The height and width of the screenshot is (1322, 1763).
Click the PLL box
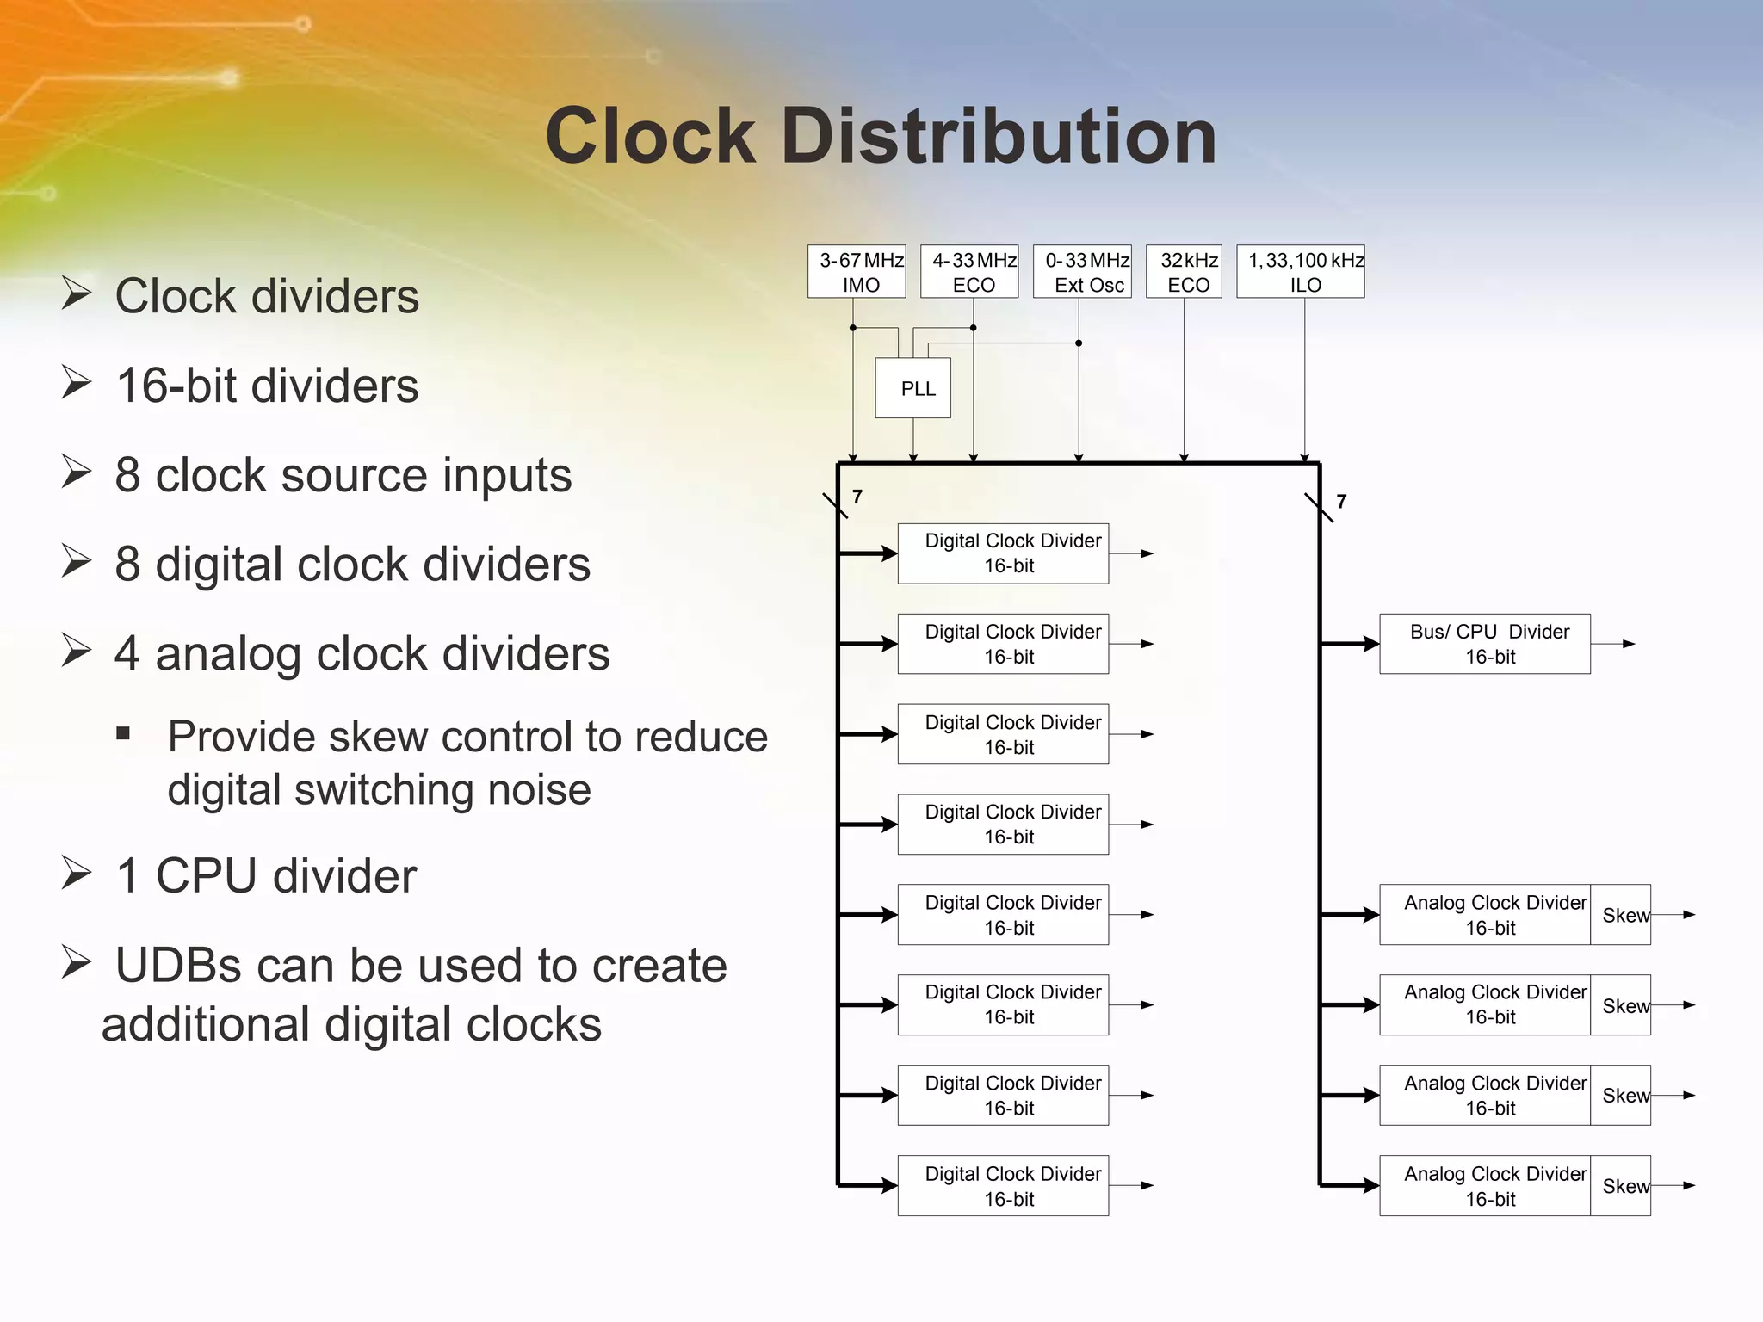point(912,388)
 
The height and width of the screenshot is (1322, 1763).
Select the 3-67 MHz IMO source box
point(857,272)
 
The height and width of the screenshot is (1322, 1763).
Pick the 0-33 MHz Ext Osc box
point(1082,272)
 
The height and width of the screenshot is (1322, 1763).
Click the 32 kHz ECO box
point(1184,272)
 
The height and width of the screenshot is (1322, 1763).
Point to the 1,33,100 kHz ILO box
point(1300,272)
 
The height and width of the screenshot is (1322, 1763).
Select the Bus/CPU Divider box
point(1484,644)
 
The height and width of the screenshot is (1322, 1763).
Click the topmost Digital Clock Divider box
point(1003,553)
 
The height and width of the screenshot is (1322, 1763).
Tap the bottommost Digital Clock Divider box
point(1003,1185)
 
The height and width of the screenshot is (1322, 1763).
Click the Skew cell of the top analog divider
point(1620,915)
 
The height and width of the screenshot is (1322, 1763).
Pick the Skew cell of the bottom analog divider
point(1620,1185)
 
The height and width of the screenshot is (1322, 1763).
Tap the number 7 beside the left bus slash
point(857,497)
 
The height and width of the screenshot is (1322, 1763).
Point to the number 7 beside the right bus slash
point(1341,501)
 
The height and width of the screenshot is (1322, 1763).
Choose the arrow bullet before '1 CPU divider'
point(77,874)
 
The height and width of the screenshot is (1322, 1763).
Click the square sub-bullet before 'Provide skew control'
point(123,733)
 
